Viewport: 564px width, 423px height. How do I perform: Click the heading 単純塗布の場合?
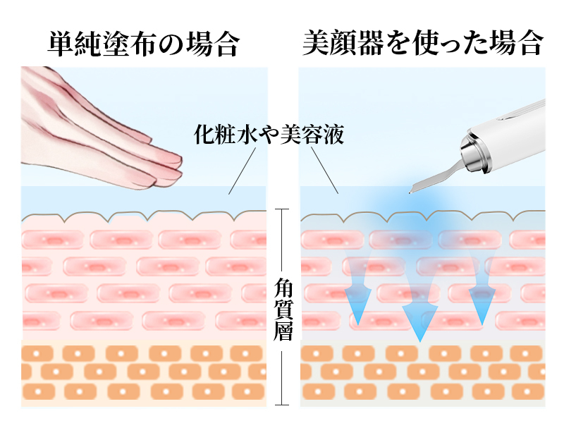143,44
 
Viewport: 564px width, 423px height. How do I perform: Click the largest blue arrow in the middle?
419,310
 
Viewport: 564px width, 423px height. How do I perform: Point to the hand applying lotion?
99,127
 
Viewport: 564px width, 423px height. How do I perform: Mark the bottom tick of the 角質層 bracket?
282,405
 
